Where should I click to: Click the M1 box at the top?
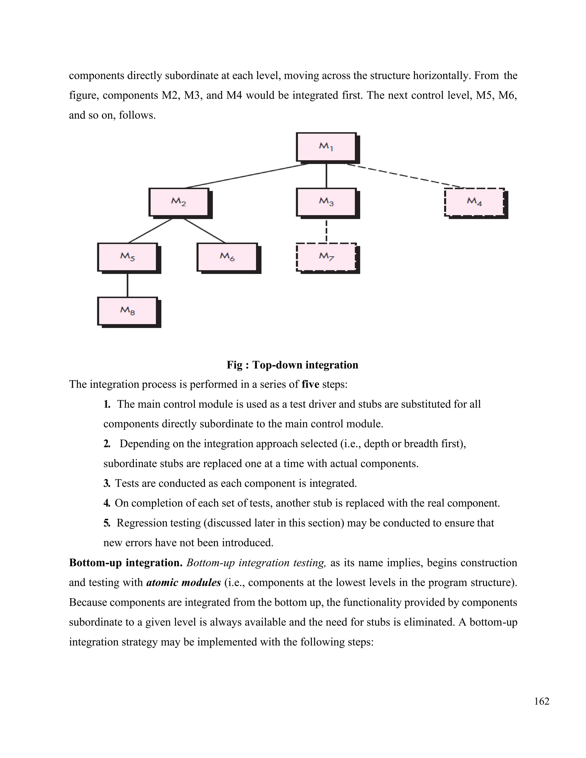[x=326, y=147]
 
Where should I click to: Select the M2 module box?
[x=179, y=202]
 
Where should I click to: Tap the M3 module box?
[x=326, y=202]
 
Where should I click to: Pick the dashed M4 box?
[x=474, y=202]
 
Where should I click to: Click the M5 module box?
[x=127, y=257]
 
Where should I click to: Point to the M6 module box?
[x=227, y=257]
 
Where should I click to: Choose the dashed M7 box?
[x=326, y=257]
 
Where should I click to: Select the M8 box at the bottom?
[x=127, y=311]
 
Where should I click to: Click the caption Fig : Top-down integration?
[x=292, y=365]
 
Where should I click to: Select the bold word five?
[x=310, y=384]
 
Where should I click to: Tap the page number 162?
[x=542, y=701]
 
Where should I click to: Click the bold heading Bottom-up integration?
[x=126, y=563]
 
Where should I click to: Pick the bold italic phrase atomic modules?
[x=184, y=582]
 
